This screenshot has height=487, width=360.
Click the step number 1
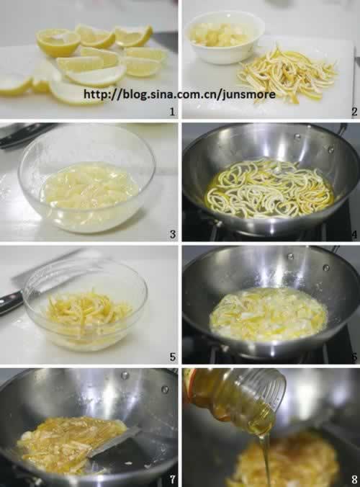click(172, 112)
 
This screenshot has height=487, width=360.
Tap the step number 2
click(354, 112)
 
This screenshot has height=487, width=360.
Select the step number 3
click(173, 234)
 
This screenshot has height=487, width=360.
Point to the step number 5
click(173, 357)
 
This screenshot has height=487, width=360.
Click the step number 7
click(173, 480)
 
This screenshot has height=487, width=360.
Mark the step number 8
click(354, 480)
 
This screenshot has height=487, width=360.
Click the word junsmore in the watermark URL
click(249, 94)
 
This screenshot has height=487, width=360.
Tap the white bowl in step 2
click(225, 37)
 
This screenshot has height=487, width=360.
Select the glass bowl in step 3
click(87, 179)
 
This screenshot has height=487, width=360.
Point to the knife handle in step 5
click(11, 302)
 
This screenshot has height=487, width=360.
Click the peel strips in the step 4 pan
click(269, 188)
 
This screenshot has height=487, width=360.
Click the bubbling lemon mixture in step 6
click(269, 313)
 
